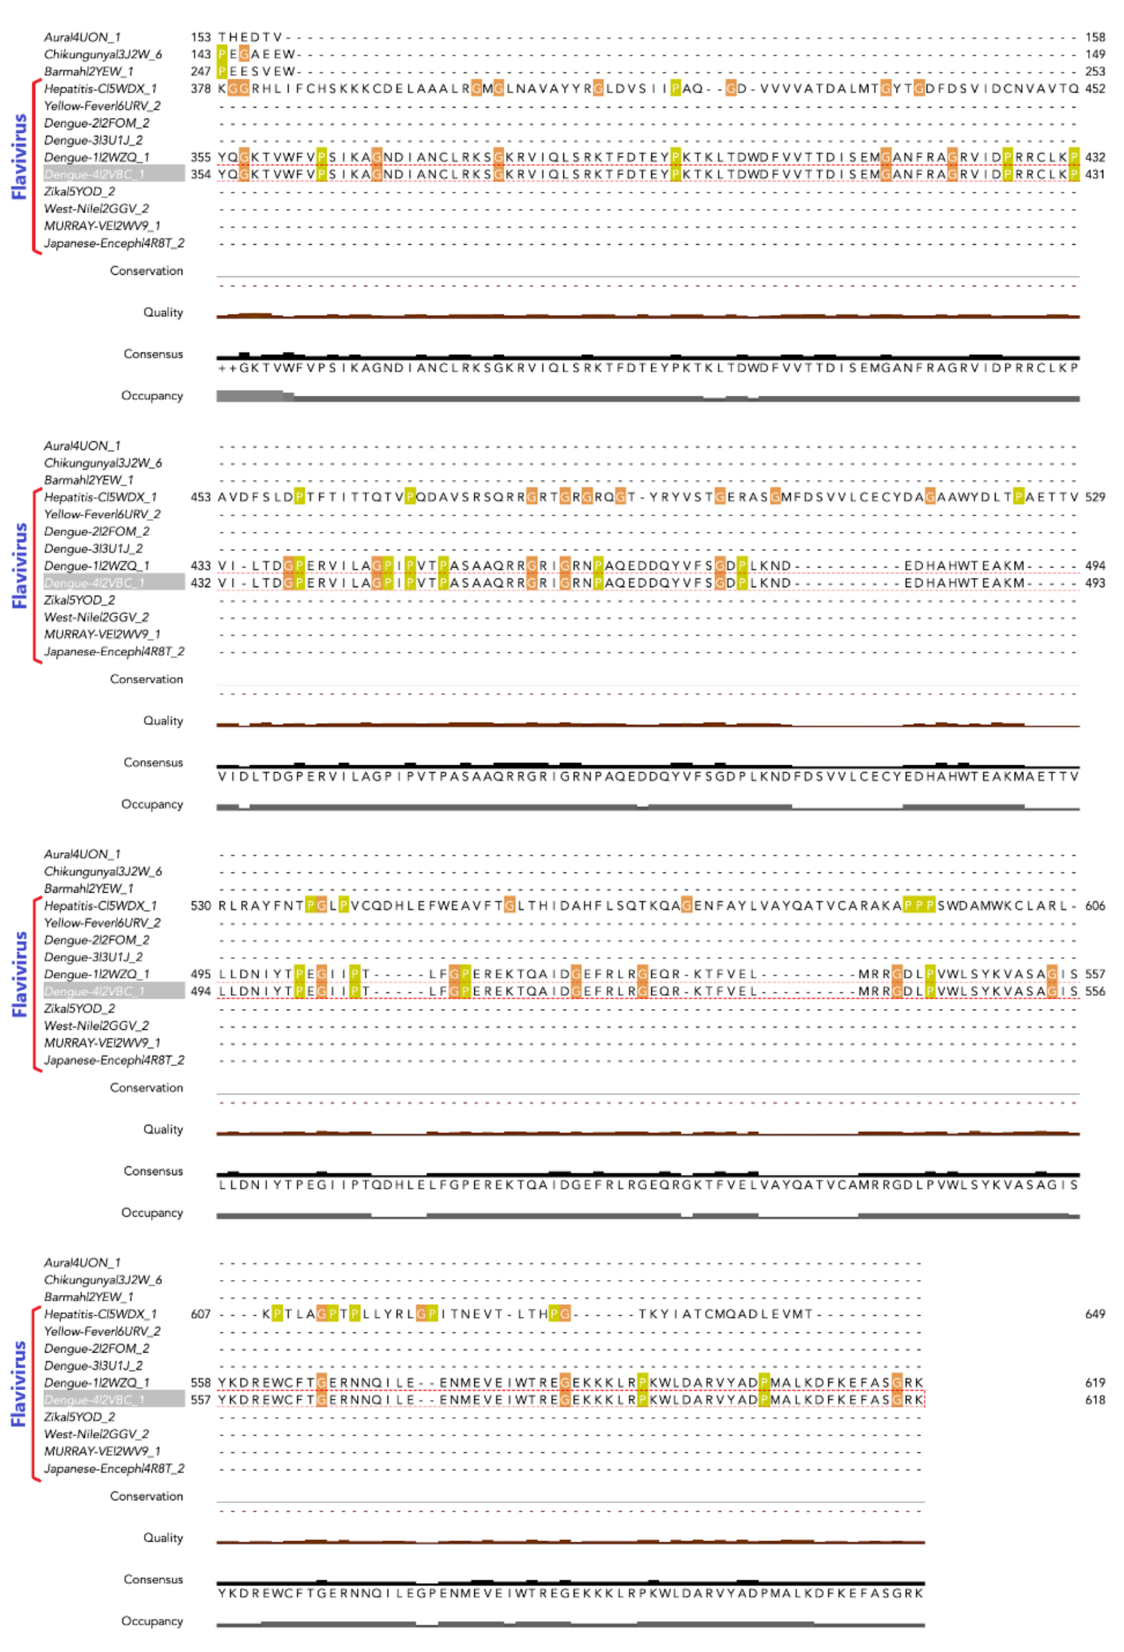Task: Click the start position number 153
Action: point(201,37)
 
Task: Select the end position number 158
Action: point(1095,37)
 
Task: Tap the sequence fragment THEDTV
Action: point(250,37)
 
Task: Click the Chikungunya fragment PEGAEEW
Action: point(256,54)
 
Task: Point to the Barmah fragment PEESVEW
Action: point(256,71)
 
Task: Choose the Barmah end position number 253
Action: point(1095,71)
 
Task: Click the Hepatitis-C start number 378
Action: point(201,88)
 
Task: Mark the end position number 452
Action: point(1095,88)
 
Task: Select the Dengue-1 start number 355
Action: point(201,157)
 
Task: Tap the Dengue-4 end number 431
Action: point(1095,174)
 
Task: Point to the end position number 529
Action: point(1095,497)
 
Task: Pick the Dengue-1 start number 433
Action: point(201,566)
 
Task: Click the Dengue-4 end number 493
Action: point(1095,583)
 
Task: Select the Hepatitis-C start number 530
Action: point(201,905)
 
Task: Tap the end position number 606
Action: point(1095,905)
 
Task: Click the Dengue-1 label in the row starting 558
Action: point(97,1382)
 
